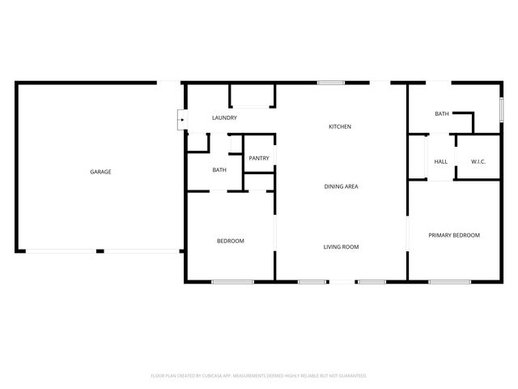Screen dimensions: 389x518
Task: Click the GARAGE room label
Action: coord(100,172)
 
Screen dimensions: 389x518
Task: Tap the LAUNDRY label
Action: coord(224,118)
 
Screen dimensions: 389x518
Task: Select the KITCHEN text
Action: coord(340,126)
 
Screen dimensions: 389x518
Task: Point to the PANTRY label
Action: coord(259,159)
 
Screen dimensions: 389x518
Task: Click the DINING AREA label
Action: coord(342,186)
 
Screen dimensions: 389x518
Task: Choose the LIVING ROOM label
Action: coord(342,246)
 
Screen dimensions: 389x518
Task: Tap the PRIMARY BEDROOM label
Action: coord(454,235)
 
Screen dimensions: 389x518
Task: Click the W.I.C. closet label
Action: coord(478,161)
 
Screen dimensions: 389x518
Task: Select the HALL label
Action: coord(441,161)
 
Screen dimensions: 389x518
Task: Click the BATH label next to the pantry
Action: coord(219,170)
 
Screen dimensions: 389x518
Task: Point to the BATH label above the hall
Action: coord(442,114)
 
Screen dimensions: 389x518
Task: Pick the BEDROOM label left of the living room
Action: coord(231,241)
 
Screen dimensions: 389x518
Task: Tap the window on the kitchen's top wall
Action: coord(329,82)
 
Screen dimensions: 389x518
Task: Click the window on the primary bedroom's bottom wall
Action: coord(450,281)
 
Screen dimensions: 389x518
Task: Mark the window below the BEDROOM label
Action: coord(233,281)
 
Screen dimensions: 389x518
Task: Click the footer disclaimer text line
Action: coord(259,375)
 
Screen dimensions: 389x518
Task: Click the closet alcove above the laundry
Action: coord(250,95)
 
